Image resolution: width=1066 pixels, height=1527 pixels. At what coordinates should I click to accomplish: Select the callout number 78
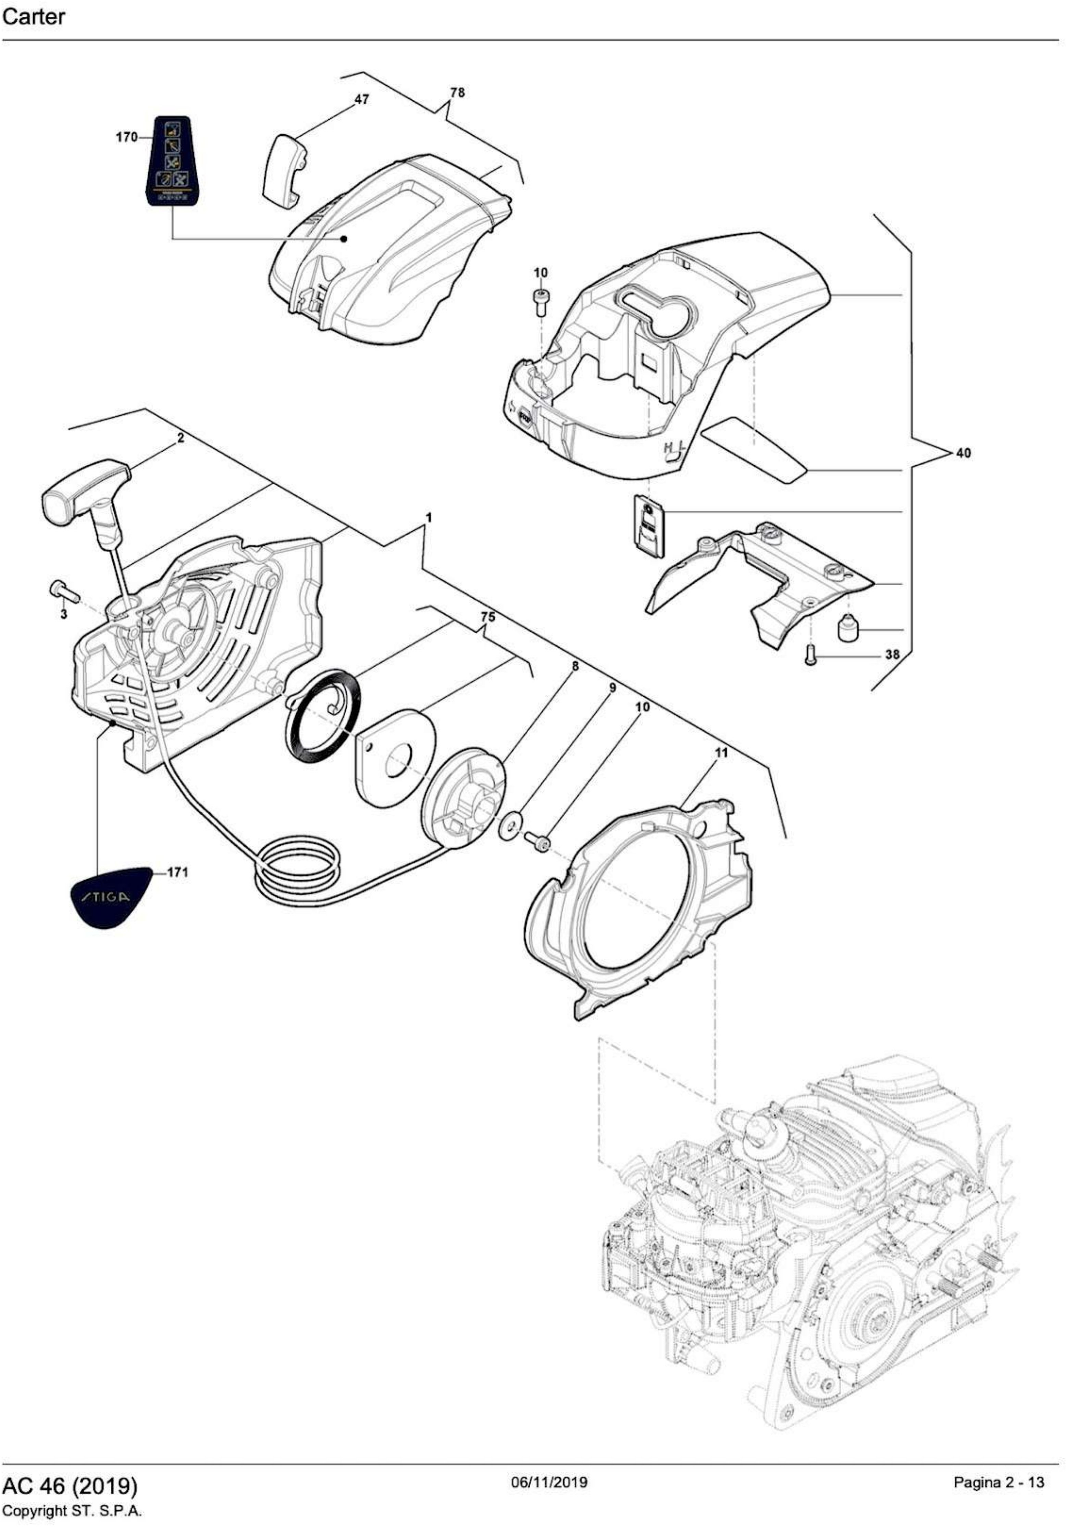(x=458, y=93)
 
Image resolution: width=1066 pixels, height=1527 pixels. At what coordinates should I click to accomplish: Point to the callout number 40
(x=962, y=453)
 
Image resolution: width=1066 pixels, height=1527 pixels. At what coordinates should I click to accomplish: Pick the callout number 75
(x=487, y=617)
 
